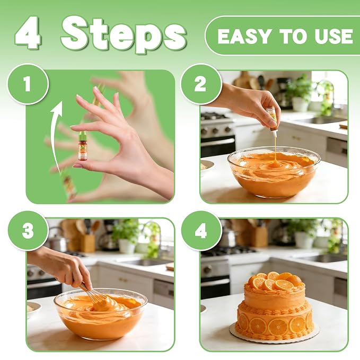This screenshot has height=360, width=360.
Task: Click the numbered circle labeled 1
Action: tap(28, 84)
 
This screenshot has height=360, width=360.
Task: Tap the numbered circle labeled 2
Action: tap(200, 84)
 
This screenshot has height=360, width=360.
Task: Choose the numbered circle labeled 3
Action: tap(28, 231)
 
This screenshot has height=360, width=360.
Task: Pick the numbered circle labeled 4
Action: tap(201, 231)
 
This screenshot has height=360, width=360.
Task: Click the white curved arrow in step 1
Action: tap(55, 135)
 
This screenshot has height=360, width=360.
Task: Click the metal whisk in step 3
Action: tap(95, 296)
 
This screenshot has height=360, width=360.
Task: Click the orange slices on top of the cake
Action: tap(276, 280)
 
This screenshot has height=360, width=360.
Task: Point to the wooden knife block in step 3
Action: tap(87, 243)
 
